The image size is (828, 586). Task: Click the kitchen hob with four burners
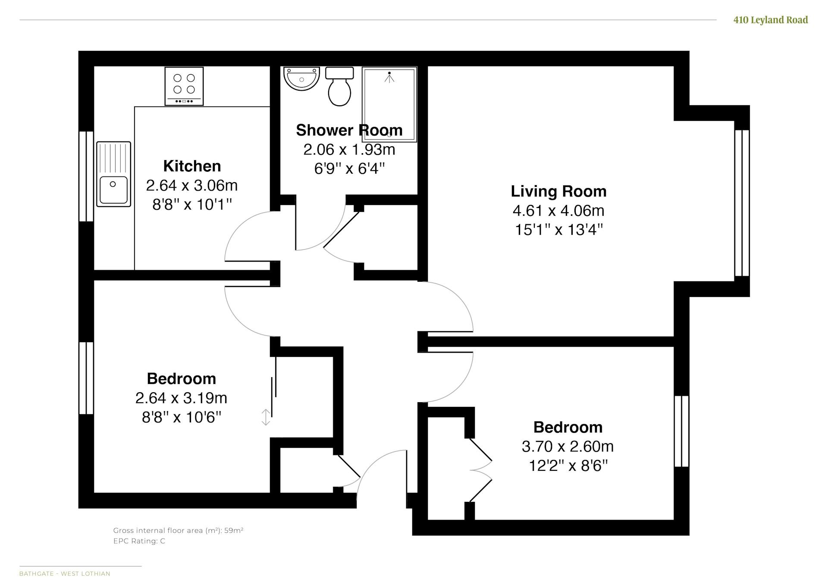coord(184,86)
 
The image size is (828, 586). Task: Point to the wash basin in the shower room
coord(301,79)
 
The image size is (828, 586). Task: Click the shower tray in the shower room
coord(389,104)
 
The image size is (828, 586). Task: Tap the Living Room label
coord(558,191)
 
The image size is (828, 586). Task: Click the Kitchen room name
coord(192,166)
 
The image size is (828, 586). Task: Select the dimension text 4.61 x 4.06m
coord(558,211)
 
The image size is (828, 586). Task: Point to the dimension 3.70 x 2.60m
coord(568,446)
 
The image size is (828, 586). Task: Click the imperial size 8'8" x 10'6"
coord(182,417)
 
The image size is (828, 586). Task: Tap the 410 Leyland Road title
coord(771,20)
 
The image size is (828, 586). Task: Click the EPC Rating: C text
coord(139,541)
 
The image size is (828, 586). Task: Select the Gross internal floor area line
coord(178,530)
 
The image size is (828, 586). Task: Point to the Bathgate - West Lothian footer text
coord(65,573)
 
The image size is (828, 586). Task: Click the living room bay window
coord(742,203)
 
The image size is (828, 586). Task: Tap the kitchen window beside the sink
coord(86,176)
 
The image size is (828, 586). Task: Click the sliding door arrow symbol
coord(266,417)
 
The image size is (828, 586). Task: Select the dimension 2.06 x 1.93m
coord(349,149)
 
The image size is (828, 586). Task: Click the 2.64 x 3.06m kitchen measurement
coord(192,185)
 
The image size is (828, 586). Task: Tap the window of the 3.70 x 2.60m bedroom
coord(681,431)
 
